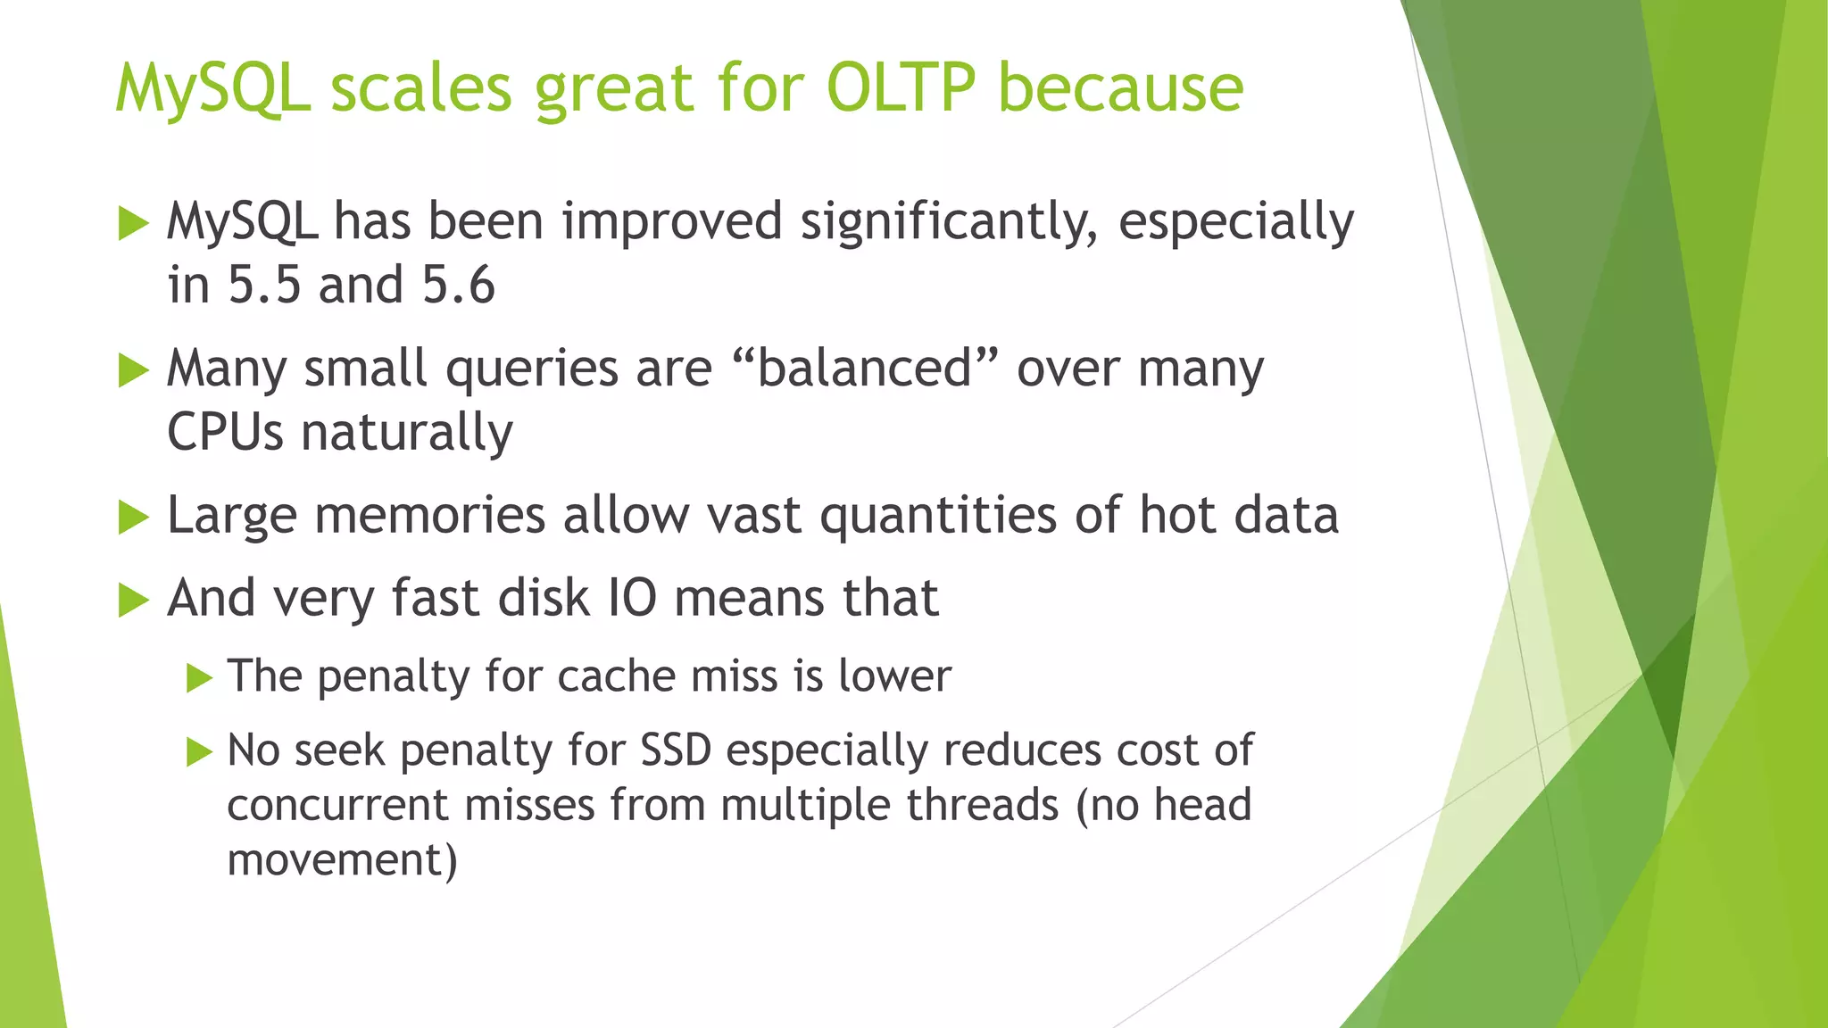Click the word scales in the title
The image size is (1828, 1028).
coord(421,87)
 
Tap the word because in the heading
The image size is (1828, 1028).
coord(1120,87)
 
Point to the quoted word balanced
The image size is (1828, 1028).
coord(864,368)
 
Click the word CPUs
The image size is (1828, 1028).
coord(225,433)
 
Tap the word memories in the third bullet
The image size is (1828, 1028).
coord(429,516)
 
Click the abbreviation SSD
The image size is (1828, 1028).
coord(676,750)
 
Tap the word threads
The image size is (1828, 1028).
coord(983,805)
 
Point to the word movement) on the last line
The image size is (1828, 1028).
coord(342,860)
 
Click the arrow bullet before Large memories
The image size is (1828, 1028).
coord(132,517)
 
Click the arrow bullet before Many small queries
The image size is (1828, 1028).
coord(132,369)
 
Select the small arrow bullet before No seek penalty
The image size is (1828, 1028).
coord(199,752)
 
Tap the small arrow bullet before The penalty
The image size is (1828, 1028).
coord(199,678)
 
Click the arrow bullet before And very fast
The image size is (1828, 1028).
coord(132,600)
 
